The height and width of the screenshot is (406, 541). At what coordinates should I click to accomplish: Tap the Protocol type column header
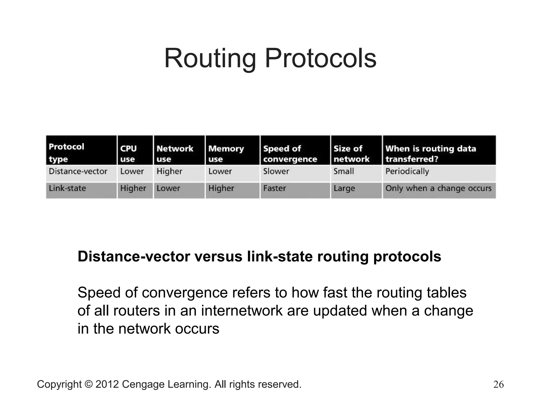point(67,153)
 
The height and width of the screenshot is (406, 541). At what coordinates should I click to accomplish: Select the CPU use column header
point(129,154)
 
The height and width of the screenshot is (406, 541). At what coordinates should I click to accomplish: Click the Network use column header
point(175,154)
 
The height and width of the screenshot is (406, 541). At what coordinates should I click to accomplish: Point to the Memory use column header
point(226,154)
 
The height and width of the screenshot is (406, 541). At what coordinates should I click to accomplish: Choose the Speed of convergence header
point(290,154)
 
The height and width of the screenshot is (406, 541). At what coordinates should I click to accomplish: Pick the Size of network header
point(351,154)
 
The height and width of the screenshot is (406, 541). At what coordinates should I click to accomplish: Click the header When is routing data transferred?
point(431,154)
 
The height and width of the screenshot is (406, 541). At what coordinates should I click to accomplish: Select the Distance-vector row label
point(78,171)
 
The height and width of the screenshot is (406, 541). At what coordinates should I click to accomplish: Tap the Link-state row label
point(67,188)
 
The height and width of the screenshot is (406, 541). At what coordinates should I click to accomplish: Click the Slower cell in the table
point(276,171)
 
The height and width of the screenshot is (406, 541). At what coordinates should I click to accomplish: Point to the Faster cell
point(274,188)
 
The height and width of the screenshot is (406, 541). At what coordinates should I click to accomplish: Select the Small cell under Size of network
point(344,171)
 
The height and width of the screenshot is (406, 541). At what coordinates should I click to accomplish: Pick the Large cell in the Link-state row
point(344,188)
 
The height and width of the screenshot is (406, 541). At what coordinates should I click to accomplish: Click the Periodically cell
point(407,171)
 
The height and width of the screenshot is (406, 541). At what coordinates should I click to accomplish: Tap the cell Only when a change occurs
point(439,188)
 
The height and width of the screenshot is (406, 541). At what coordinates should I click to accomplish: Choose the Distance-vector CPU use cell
point(132,171)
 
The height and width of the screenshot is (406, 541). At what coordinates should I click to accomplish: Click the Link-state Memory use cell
point(221,188)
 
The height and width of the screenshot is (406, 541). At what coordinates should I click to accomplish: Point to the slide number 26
point(498,384)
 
